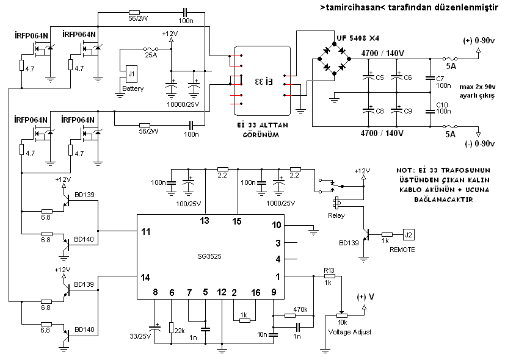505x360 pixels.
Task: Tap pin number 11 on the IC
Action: point(144,231)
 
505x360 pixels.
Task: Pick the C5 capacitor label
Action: point(380,77)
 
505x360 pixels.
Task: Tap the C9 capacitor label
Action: point(407,111)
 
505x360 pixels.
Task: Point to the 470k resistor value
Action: point(300,309)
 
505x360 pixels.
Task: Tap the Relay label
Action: point(336,215)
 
